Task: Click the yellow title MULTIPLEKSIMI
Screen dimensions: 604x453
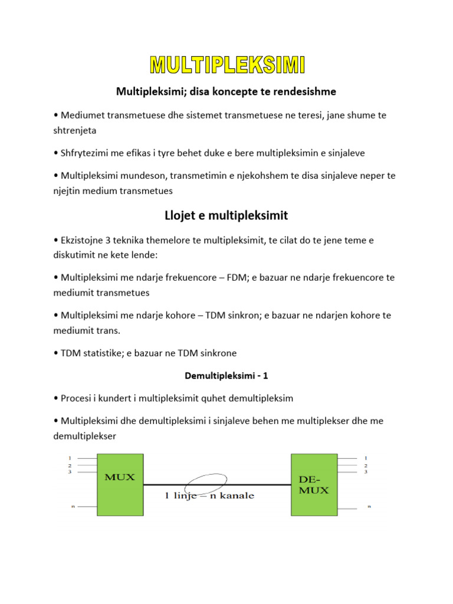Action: (226, 65)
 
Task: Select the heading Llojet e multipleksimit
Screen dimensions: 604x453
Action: (226, 215)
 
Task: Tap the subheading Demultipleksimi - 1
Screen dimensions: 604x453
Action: (226, 376)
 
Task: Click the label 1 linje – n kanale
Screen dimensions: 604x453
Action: (209, 495)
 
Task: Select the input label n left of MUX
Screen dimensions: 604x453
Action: (73, 506)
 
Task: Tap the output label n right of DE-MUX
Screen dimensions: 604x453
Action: (370, 506)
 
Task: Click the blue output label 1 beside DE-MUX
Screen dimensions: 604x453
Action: (366, 458)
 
